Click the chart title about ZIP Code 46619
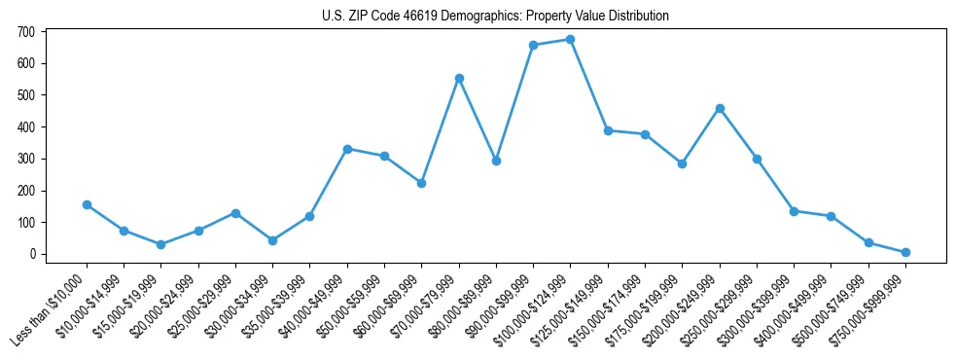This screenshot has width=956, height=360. point(495,17)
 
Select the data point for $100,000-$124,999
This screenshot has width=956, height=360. point(570,39)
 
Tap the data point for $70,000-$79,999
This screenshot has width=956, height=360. point(459,78)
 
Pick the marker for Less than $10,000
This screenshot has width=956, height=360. point(87,204)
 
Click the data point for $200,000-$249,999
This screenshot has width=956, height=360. point(720,108)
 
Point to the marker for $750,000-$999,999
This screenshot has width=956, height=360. point(905,252)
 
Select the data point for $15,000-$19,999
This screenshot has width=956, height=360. point(161,244)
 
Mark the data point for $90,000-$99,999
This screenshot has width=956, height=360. point(533,45)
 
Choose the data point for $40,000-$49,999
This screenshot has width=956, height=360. point(347,149)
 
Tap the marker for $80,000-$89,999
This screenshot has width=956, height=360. point(496,161)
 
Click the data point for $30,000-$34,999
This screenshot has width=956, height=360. point(272,240)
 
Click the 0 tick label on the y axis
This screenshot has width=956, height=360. point(32,254)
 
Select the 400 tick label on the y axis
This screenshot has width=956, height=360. point(26,127)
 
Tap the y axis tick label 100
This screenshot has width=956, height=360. point(26,223)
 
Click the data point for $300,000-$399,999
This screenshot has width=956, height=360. point(794,211)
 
